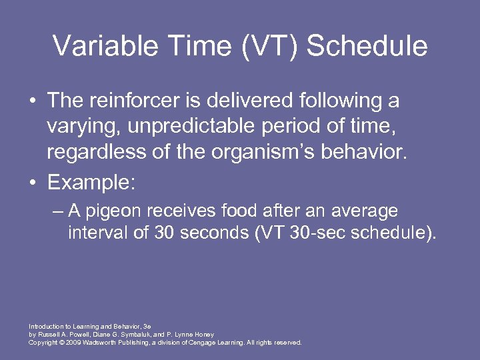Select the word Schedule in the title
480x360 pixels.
pyautogui.click(x=367, y=46)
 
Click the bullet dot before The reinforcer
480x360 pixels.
pyautogui.click(x=32, y=101)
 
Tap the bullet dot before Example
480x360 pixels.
pyautogui.click(x=32, y=183)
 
